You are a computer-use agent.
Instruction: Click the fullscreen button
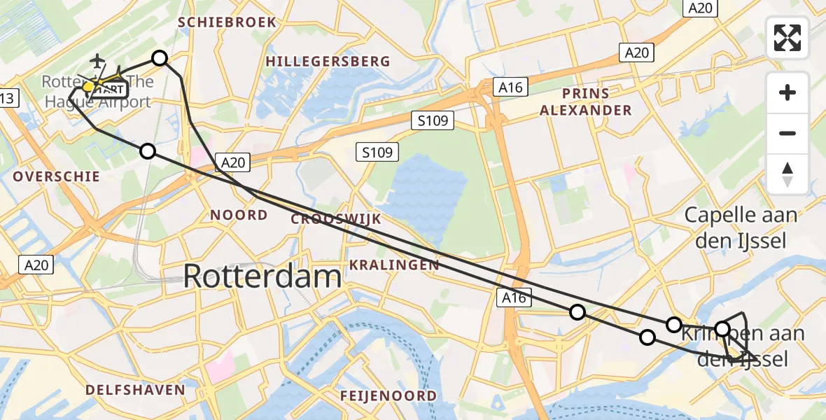click(787, 38)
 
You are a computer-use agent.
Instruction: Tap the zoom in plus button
click(787, 92)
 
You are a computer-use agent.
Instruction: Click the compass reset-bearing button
click(787, 174)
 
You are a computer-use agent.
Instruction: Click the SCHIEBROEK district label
click(227, 22)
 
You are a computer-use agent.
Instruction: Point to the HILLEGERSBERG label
click(328, 62)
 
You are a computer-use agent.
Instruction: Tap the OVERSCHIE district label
click(56, 177)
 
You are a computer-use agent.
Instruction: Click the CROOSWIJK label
click(336, 219)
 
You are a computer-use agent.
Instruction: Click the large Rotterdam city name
click(262, 277)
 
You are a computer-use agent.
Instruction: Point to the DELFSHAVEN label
click(135, 390)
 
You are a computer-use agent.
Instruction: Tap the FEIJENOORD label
click(388, 396)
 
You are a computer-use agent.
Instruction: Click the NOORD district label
click(239, 216)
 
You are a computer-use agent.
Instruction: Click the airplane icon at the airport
click(96, 62)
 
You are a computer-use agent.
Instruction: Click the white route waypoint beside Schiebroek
click(160, 58)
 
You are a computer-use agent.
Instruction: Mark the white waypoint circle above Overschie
click(147, 150)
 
